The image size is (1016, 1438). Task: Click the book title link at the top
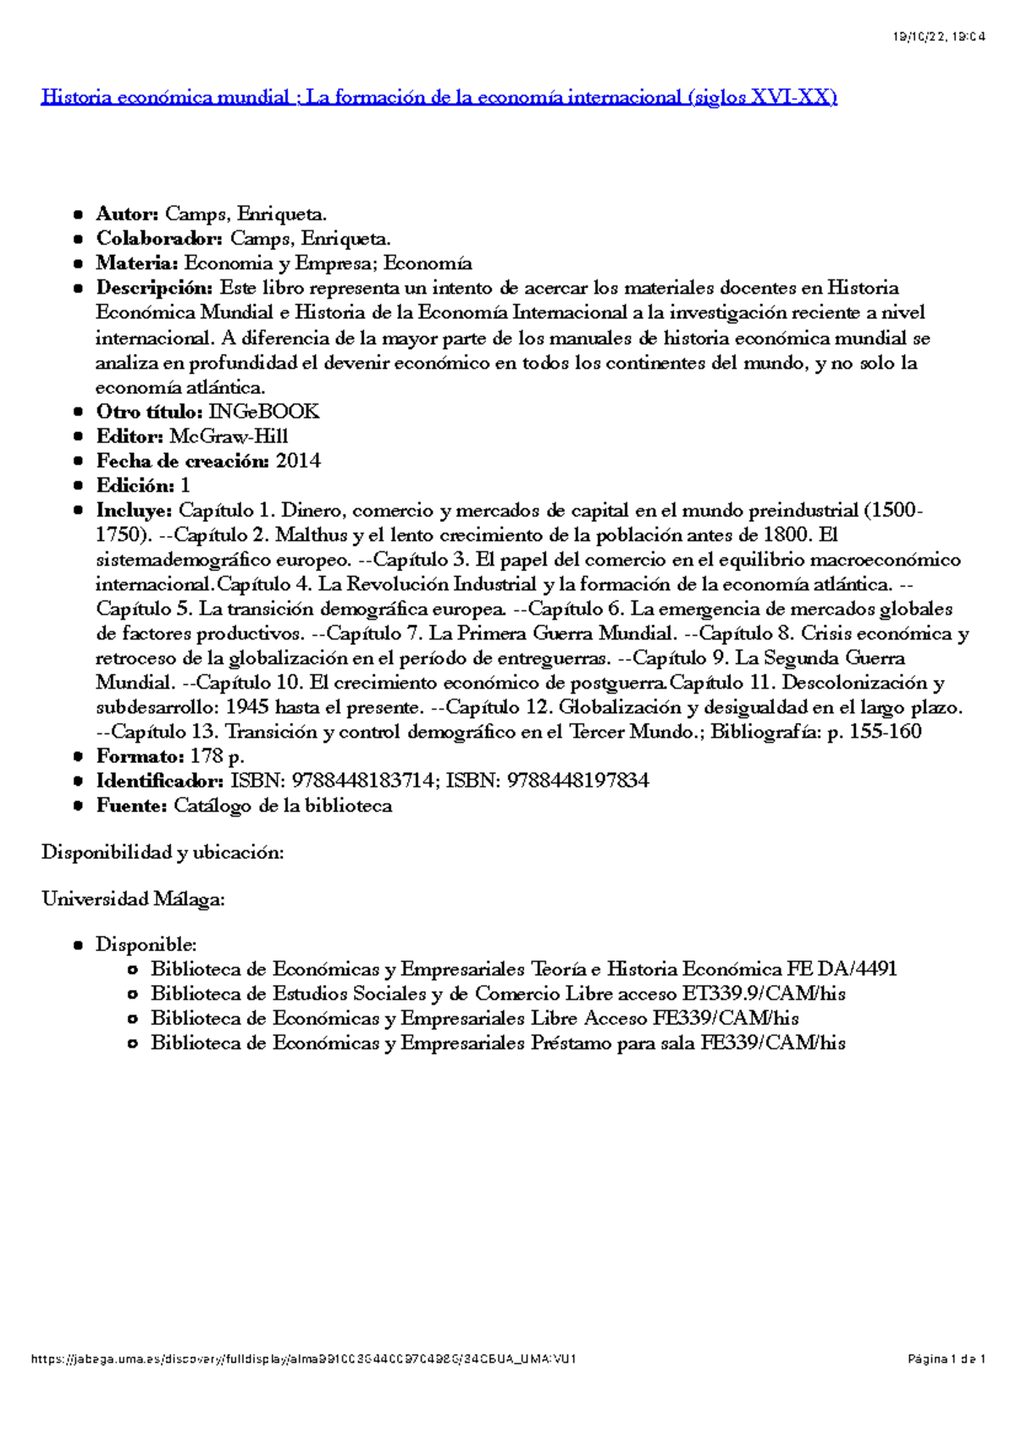(x=439, y=97)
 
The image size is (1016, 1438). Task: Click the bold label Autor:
(x=127, y=214)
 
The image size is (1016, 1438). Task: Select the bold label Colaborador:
(x=159, y=239)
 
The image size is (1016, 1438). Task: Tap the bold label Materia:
(x=136, y=263)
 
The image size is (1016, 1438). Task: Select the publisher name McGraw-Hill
(x=229, y=436)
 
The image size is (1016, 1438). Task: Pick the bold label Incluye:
(x=134, y=511)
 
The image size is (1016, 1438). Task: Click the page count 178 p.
(x=217, y=755)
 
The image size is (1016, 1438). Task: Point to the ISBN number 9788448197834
(x=577, y=780)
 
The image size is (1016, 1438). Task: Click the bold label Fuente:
(x=131, y=805)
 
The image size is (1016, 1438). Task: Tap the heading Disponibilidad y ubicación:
(x=163, y=853)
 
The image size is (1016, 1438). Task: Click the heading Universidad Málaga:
(x=133, y=899)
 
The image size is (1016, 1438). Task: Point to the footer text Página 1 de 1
(x=947, y=1359)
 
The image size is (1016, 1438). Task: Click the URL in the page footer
(x=303, y=1359)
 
